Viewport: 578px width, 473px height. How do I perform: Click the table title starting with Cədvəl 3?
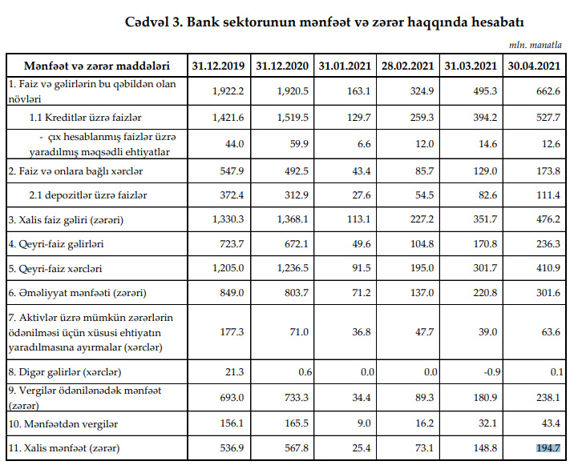click(x=324, y=22)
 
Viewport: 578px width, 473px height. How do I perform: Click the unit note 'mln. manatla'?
click(x=538, y=46)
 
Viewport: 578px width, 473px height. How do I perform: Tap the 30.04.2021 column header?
click(x=535, y=64)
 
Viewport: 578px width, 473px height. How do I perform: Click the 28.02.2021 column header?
click(x=409, y=64)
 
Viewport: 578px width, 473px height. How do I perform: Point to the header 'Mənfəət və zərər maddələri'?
click(x=96, y=64)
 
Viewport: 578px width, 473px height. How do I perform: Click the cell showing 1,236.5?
click(x=292, y=268)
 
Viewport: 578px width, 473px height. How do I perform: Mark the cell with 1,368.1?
click(x=292, y=218)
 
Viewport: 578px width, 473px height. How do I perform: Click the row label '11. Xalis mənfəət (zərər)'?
click(x=64, y=448)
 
